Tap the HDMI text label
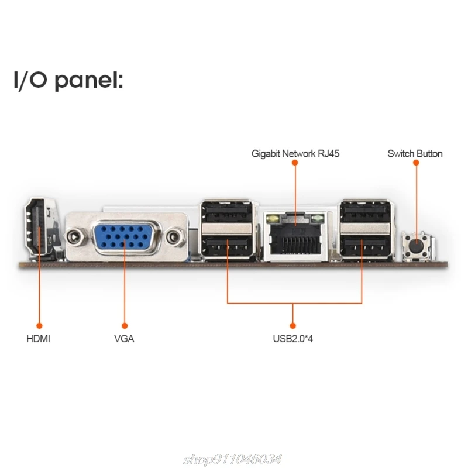pyautogui.click(x=38, y=338)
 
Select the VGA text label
pyautogui.click(x=124, y=338)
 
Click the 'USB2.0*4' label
pyautogui.click(x=292, y=338)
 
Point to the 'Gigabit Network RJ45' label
pyautogui.click(x=295, y=154)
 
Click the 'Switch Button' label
pyautogui.click(x=415, y=154)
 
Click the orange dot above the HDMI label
pyautogui.click(x=39, y=325)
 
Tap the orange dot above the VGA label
pyautogui.click(x=124, y=325)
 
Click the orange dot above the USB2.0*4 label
pyautogui.click(x=292, y=325)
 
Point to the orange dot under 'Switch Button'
pyautogui.click(x=416, y=166)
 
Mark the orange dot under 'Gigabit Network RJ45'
pyautogui.click(x=295, y=166)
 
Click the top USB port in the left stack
pyautogui.click(x=227, y=212)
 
